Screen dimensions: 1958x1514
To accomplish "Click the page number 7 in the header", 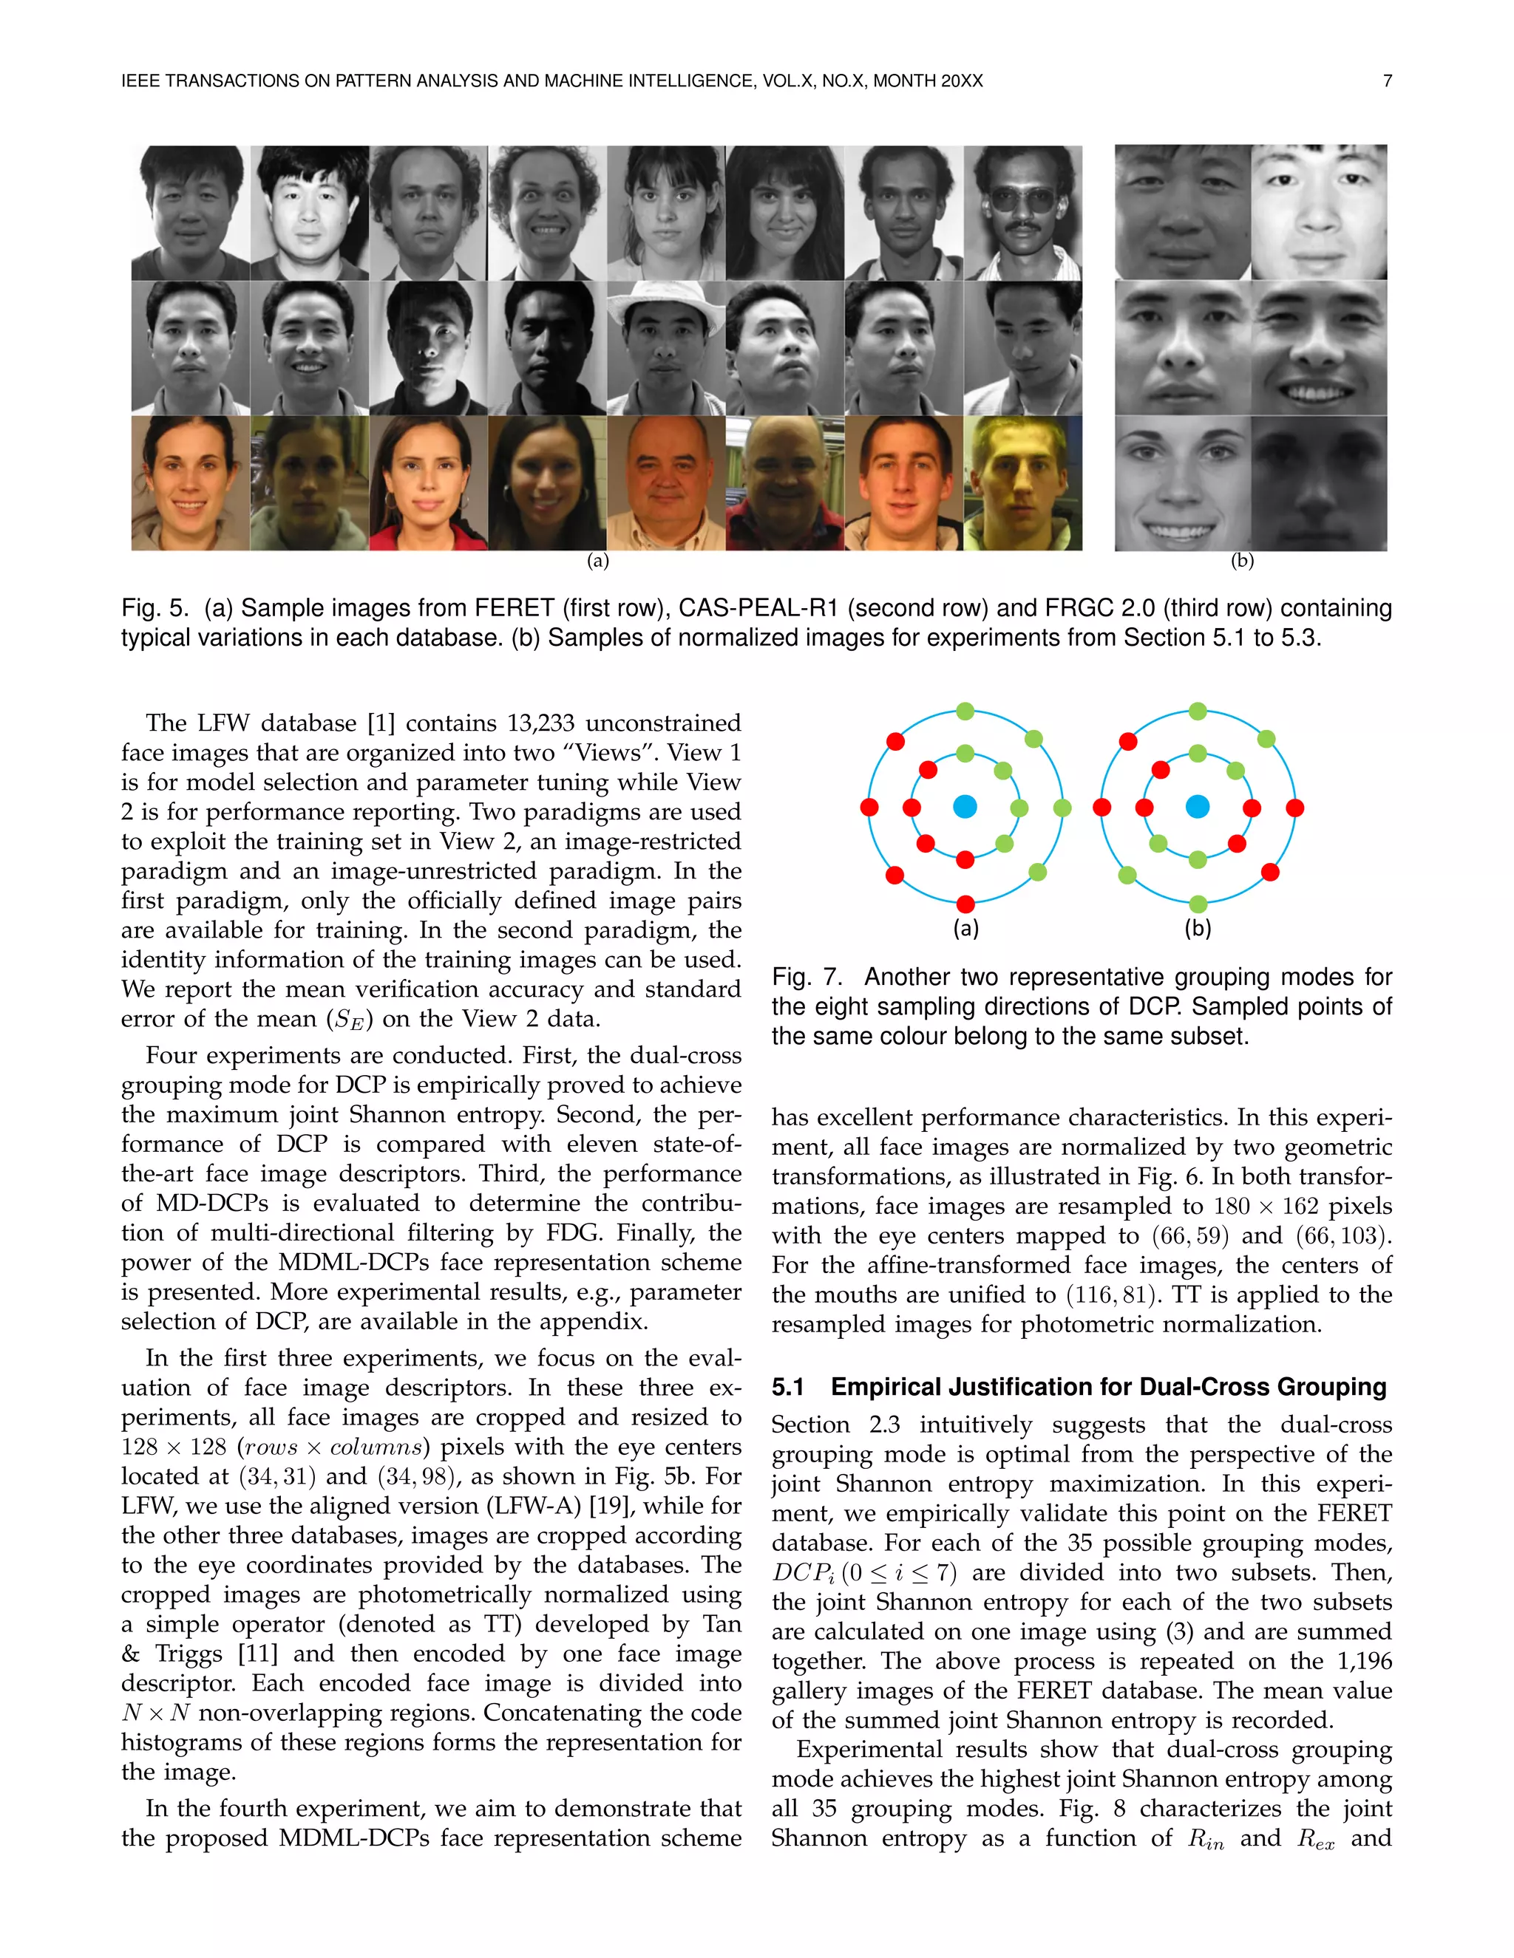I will tap(1387, 81).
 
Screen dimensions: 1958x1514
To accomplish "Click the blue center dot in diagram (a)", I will tap(964, 807).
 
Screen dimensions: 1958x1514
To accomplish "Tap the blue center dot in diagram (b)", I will tap(1198, 807).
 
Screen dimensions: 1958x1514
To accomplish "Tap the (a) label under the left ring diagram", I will tap(965, 929).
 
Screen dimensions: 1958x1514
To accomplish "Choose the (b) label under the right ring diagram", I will tap(1198, 929).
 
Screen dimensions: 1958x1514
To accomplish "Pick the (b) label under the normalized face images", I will tap(1241, 562).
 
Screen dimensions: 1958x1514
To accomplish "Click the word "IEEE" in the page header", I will tap(140, 81).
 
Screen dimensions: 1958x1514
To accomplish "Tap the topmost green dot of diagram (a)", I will tap(965, 712).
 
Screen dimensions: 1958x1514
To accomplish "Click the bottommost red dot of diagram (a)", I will tap(965, 904).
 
